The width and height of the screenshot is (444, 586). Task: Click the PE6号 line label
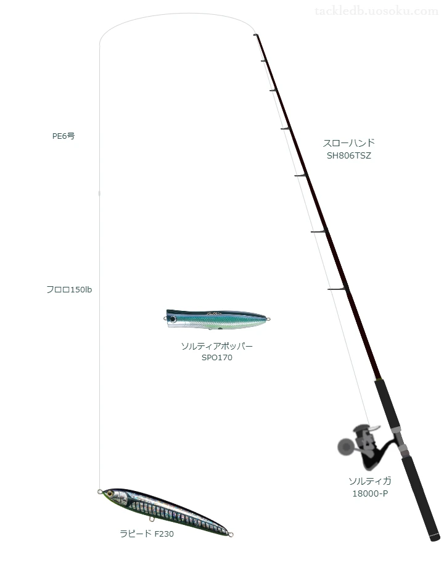tap(64, 136)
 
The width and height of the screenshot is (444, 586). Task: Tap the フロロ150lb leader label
tap(69, 290)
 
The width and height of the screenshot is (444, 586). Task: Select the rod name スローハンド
tap(348, 142)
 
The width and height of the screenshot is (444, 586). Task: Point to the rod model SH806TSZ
tap(349, 156)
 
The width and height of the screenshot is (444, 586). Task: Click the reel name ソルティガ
tap(370, 481)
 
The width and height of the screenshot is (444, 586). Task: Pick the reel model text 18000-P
tap(370, 493)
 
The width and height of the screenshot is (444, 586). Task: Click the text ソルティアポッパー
tap(217, 346)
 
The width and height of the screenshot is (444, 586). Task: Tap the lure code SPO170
tap(217, 358)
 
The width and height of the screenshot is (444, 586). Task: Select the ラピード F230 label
tap(147, 534)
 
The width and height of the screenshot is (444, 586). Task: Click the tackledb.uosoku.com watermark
tap(376, 11)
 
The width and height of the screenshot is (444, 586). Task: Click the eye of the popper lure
tap(173, 319)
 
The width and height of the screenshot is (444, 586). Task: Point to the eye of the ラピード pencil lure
tap(110, 493)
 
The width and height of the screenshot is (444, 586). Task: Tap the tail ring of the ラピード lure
tap(231, 535)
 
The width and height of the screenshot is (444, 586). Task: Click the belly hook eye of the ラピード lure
tap(152, 519)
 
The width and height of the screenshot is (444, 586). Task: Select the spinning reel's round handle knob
tap(346, 446)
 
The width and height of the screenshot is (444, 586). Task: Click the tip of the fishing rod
tap(256, 35)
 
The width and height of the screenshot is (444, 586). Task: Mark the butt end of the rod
tap(435, 538)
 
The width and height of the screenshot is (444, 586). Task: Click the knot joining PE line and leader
tap(99, 193)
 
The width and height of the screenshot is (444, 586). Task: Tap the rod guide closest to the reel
tap(337, 289)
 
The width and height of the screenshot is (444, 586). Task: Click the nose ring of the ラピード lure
tap(100, 492)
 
